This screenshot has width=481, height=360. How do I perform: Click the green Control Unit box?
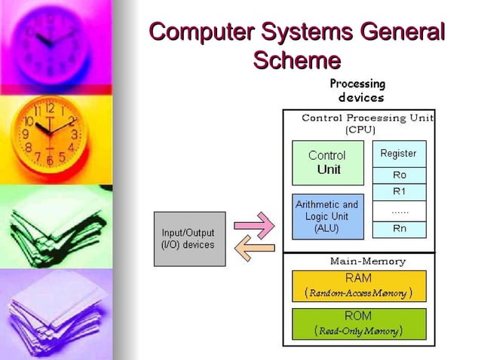coord(327,163)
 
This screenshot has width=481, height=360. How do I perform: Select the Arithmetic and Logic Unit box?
coord(327,216)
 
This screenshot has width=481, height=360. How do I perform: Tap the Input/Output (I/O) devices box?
coord(189,239)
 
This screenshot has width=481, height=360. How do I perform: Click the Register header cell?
coord(399,154)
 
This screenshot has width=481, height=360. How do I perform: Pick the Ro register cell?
coord(399,175)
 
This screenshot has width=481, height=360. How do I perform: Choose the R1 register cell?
coord(399,191)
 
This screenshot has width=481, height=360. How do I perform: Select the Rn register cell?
coord(399,229)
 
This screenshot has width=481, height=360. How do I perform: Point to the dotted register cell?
coord(399,211)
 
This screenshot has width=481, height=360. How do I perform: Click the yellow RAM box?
coord(358,285)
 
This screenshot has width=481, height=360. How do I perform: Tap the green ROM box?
coord(358,323)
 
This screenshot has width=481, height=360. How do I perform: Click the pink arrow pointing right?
coord(254,224)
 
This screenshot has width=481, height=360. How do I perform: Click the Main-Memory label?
coord(368,261)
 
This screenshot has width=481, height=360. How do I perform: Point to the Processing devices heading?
coord(357,90)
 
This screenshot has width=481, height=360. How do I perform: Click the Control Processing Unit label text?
coord(367,118)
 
